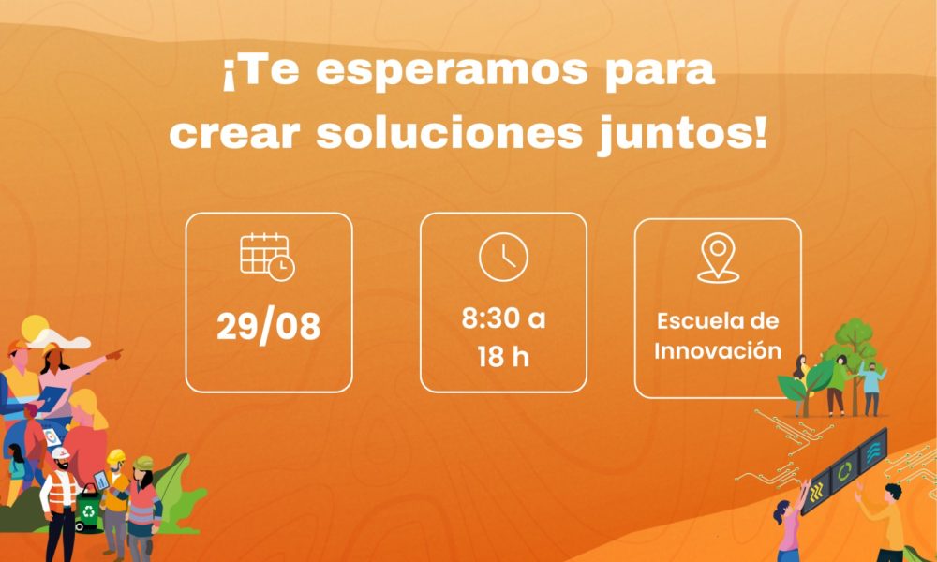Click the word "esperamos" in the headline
pos(452,72)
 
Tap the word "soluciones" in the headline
pos(450,134)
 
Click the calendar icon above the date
pos(267,258)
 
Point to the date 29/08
pos(268,327)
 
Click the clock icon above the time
pos(504,257)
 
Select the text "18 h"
pos(503,357)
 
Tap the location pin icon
pos(719,258)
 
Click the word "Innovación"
pos(718,350)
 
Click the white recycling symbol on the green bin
pos(88,511)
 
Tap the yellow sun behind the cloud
pos(34,327)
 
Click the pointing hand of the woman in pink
pos(114,355)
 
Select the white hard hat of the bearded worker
pos(60,454)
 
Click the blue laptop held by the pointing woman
pos(51,397)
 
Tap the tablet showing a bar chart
pos(101,481)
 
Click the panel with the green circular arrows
pos(845,472)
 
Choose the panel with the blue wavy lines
pos(873,451)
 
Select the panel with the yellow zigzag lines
pos(817,492)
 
